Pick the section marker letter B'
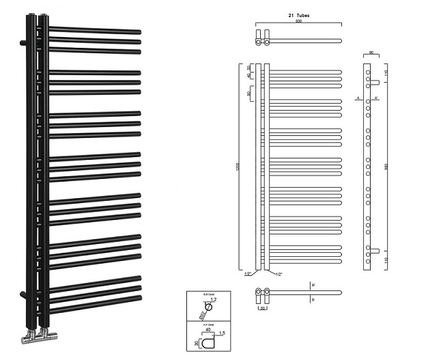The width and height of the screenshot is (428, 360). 313,283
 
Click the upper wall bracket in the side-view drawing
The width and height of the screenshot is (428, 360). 375,83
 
